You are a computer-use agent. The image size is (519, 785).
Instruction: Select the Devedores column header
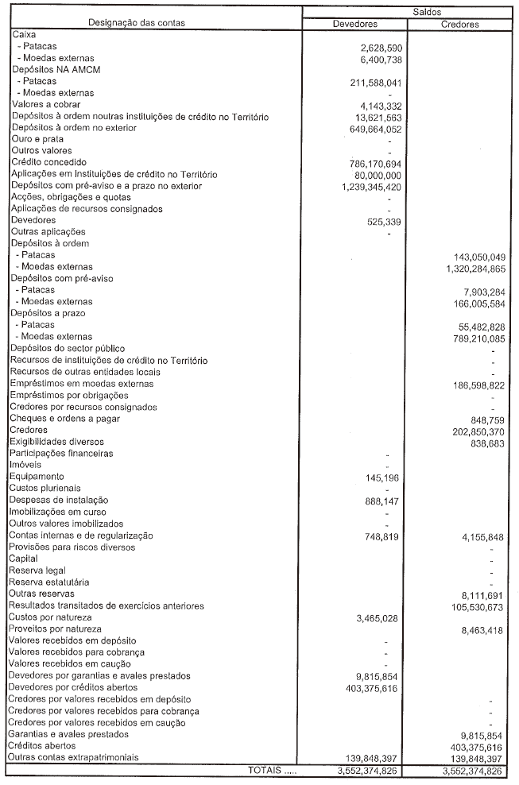click(355, 24)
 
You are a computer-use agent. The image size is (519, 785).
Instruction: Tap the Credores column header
click(459, 24)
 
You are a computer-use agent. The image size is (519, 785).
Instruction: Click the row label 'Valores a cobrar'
click(46, 105)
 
